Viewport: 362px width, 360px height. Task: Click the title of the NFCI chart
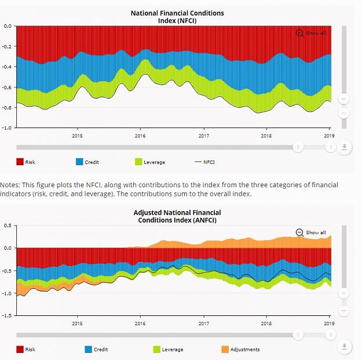(177, 17)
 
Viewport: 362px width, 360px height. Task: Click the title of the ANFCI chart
(177, 216)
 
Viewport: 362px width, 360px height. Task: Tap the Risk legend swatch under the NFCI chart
(20, 162)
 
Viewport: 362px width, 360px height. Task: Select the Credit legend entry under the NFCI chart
(87, 162)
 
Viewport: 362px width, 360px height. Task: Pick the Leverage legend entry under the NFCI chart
(150, 162)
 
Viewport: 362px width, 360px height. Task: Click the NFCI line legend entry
(205, 162)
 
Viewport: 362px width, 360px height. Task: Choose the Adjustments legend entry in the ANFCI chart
(240, 350)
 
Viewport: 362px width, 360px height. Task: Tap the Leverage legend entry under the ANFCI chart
(168, 350)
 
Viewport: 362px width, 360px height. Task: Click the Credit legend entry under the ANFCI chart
(97, 350)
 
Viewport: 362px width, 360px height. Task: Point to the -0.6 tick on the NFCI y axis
(7, 88)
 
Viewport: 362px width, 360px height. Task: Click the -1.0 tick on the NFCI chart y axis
(7, 128)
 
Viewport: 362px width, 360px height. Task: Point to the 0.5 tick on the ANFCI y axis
(8, 226)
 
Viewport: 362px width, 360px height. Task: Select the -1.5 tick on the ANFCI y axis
(7, 315)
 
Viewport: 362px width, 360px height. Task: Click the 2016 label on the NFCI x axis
(140, 136)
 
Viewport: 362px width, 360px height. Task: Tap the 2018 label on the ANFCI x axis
(266, 323)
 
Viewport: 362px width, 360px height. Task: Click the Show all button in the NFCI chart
(311, 33)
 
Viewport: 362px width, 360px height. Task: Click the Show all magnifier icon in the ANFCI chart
(299, 232)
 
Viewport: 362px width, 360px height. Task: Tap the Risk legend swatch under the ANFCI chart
(20, 350)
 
